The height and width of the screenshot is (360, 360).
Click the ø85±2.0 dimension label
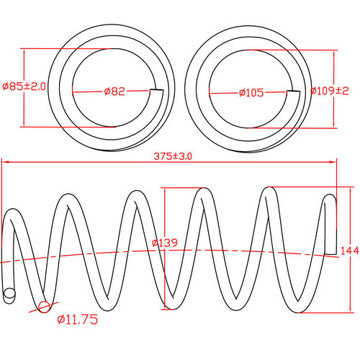pyautogui.click(x=24, y=86)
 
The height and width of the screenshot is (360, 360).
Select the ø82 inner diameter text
pyautogui.click(x=115, y=91)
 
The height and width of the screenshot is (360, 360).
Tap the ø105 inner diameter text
pyautogui.click(x=251, y=92)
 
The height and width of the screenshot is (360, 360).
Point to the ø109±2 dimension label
pyautogui.click(x=330, y=91)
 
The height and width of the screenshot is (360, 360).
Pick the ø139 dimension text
pyautogui.click(x=165, y=243)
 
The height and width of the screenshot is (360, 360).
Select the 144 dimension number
pyautogui.click(x=348, y=251)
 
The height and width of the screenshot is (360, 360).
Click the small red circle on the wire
pyautogui.click(x=45, y=307)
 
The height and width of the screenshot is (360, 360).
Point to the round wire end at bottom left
pyautogui.click(x=9, y=294)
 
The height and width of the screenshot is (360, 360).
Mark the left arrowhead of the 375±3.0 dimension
pyautogui.click(x=4, y=163)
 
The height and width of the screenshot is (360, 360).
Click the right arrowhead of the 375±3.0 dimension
pyautogui.click(x=335, y=163)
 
